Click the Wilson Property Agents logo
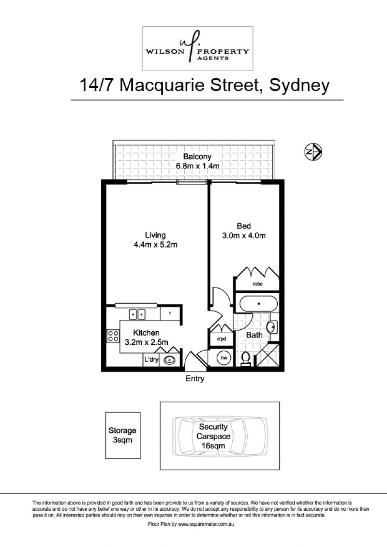point(197,48)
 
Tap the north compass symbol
point(313,152)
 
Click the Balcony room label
point(197,157)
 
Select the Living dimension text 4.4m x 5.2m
point(155,245)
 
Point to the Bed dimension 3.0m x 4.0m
point(244,236)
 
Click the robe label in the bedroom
point(257,284)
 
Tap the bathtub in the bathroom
point(259,304)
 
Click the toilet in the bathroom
point(246,358)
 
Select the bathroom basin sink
point(271,327)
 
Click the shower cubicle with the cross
point(268,355)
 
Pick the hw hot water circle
point(224,358)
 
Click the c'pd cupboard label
point(222,339)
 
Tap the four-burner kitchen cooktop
point(113,336)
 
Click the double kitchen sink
point(137,314)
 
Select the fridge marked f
point(170,313)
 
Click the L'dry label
point(151,360)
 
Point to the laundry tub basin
point(170,360)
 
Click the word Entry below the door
point(195,379)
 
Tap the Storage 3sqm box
point(123,435)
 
